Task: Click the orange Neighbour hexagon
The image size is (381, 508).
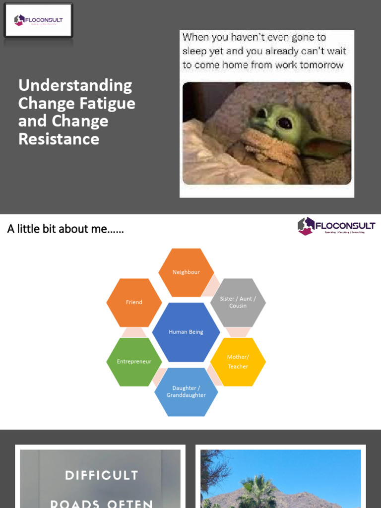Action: click(x=186, y=272)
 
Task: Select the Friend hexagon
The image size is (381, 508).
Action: click(x=134, y=302)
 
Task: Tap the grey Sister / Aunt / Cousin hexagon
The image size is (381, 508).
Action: click(x=238, y=302)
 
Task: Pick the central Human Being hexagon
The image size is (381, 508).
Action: click(x=186, y=332)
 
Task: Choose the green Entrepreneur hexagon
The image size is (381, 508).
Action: click(x=134, y=362)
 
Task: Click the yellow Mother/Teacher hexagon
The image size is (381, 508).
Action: click(x=238, y=362)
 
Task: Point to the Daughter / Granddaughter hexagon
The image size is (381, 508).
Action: click(x=186, y=391)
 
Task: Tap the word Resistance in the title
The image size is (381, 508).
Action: click(x=59, y=139)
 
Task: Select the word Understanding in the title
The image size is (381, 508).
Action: click(x=75, y=85)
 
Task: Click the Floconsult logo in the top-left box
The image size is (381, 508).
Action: click(x=38, y=20)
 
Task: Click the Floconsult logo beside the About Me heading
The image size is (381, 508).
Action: click(x=336, y=226)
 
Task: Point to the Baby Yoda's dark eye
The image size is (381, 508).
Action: click(x=284, y=123)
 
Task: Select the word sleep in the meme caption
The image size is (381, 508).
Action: click(x=193, y=51)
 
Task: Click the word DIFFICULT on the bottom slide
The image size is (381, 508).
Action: click(x=101, y=475)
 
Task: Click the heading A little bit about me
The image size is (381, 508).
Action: click(x=65, y=229)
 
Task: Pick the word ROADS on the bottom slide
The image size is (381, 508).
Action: click(x=75, y=503)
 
